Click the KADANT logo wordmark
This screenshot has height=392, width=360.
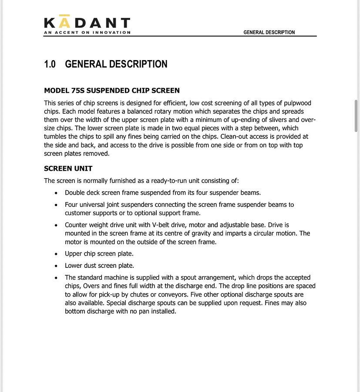(87, 23)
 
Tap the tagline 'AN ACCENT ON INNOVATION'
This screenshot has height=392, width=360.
(87, 32)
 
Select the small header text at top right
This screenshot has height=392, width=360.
(269, 32)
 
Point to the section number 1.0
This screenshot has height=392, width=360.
(50, 64)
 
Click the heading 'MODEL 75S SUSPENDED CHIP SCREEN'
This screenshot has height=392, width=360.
(112, 91)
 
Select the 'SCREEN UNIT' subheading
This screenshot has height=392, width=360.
(68, 169)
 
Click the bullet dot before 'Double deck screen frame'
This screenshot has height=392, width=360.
(56, 193)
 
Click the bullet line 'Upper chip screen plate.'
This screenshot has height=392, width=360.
(99, 254)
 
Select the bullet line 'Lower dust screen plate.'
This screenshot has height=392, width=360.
(99, 266)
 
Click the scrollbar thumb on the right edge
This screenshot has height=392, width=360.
(356, 115)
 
